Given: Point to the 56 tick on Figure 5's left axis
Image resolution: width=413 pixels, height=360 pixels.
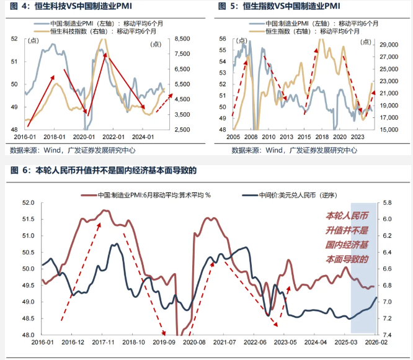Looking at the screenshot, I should [x=223, y=38].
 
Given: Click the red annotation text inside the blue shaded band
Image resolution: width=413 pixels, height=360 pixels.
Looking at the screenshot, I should [x=347, y=238].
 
